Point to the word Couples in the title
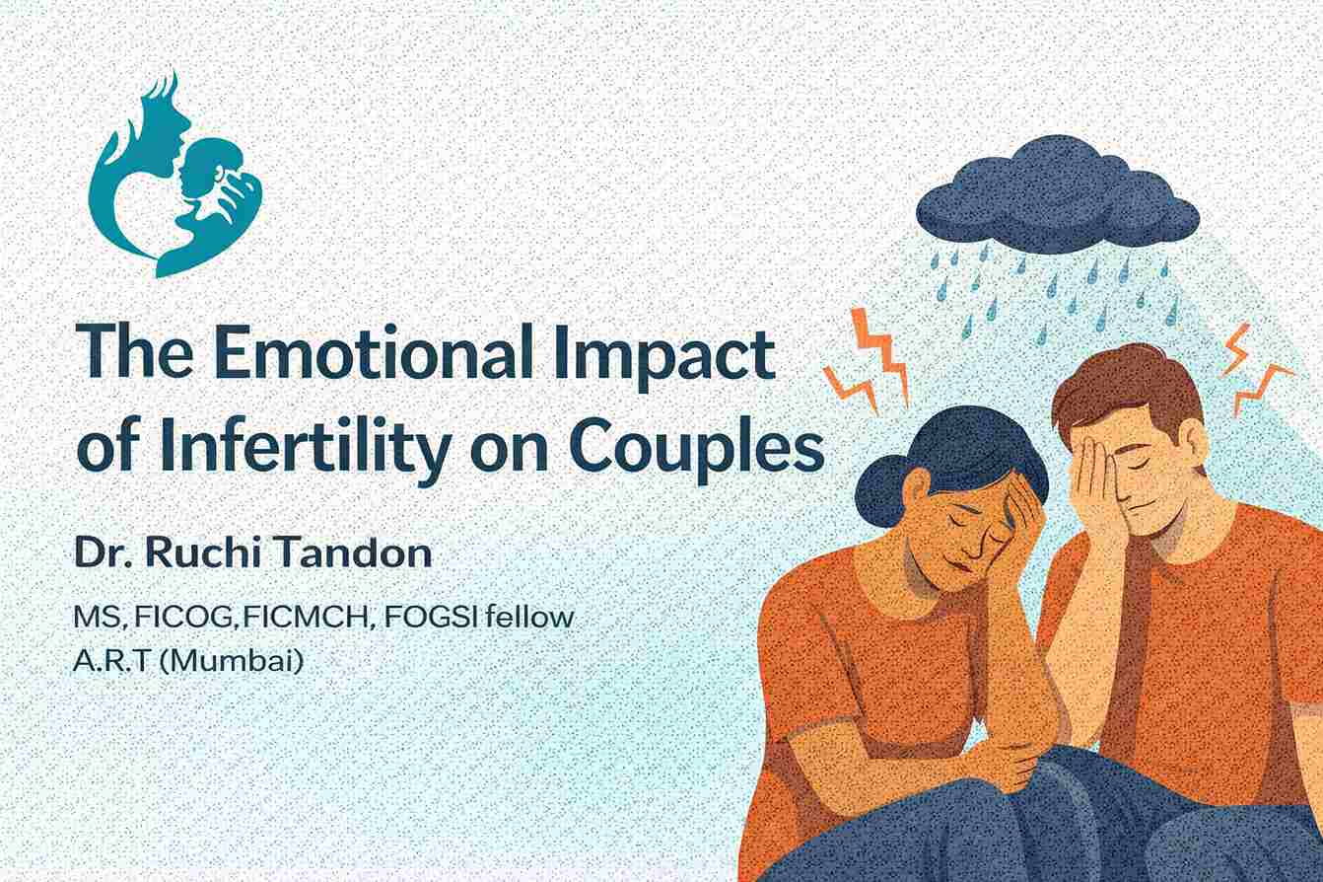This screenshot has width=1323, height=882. (696, 447)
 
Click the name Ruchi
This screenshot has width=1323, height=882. (194, 553)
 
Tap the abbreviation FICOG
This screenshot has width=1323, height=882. (187, 618)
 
